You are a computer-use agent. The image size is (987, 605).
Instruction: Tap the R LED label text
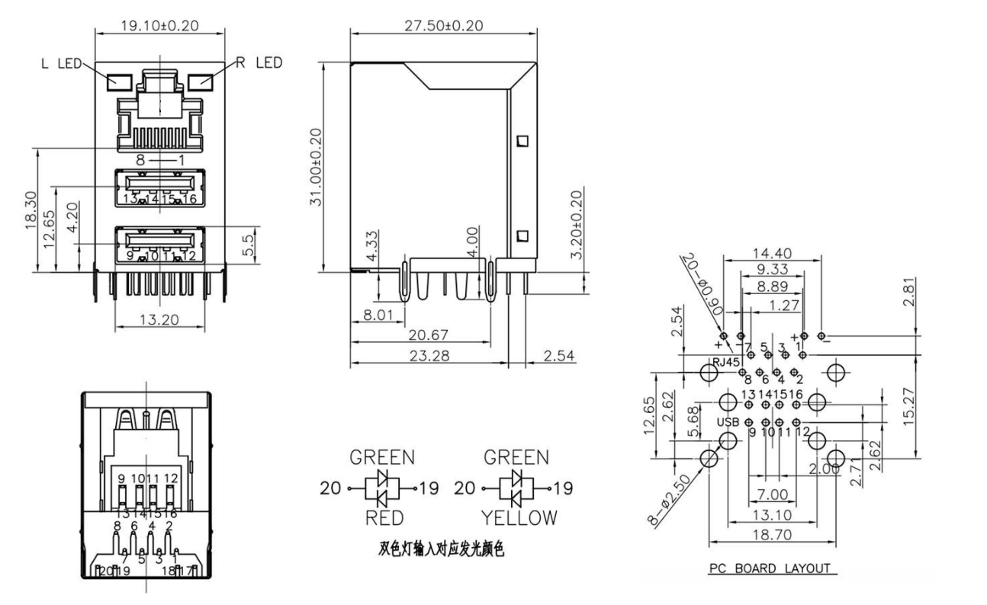(259, 62)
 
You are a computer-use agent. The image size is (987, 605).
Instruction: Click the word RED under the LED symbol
(382, 517)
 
